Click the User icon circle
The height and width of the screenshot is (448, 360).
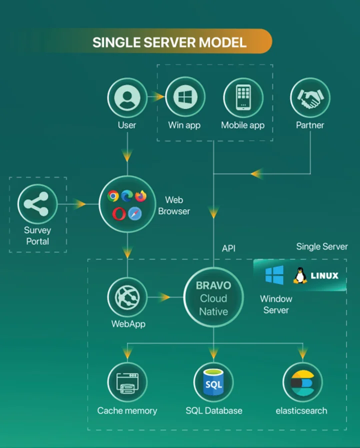click(x=127, y=97)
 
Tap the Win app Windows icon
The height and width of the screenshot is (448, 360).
click(x=184, y=97)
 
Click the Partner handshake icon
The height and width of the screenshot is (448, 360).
click(x=310, y=97)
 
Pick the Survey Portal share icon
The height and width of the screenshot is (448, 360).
click(x=37, y=204)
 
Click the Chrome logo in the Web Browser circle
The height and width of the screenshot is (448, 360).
click(x=113, y=196)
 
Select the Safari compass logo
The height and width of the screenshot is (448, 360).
click(x=134, y=214)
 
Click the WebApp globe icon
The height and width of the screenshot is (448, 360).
click(x=127, y=297)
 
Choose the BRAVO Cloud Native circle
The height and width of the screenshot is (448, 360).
click(x=213, y=298)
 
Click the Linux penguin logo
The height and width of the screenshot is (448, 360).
click(x=300, y=275)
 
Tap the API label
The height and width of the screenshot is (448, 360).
click(x=228, y=248)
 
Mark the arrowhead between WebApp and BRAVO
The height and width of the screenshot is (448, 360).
click(x=164, y=297)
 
